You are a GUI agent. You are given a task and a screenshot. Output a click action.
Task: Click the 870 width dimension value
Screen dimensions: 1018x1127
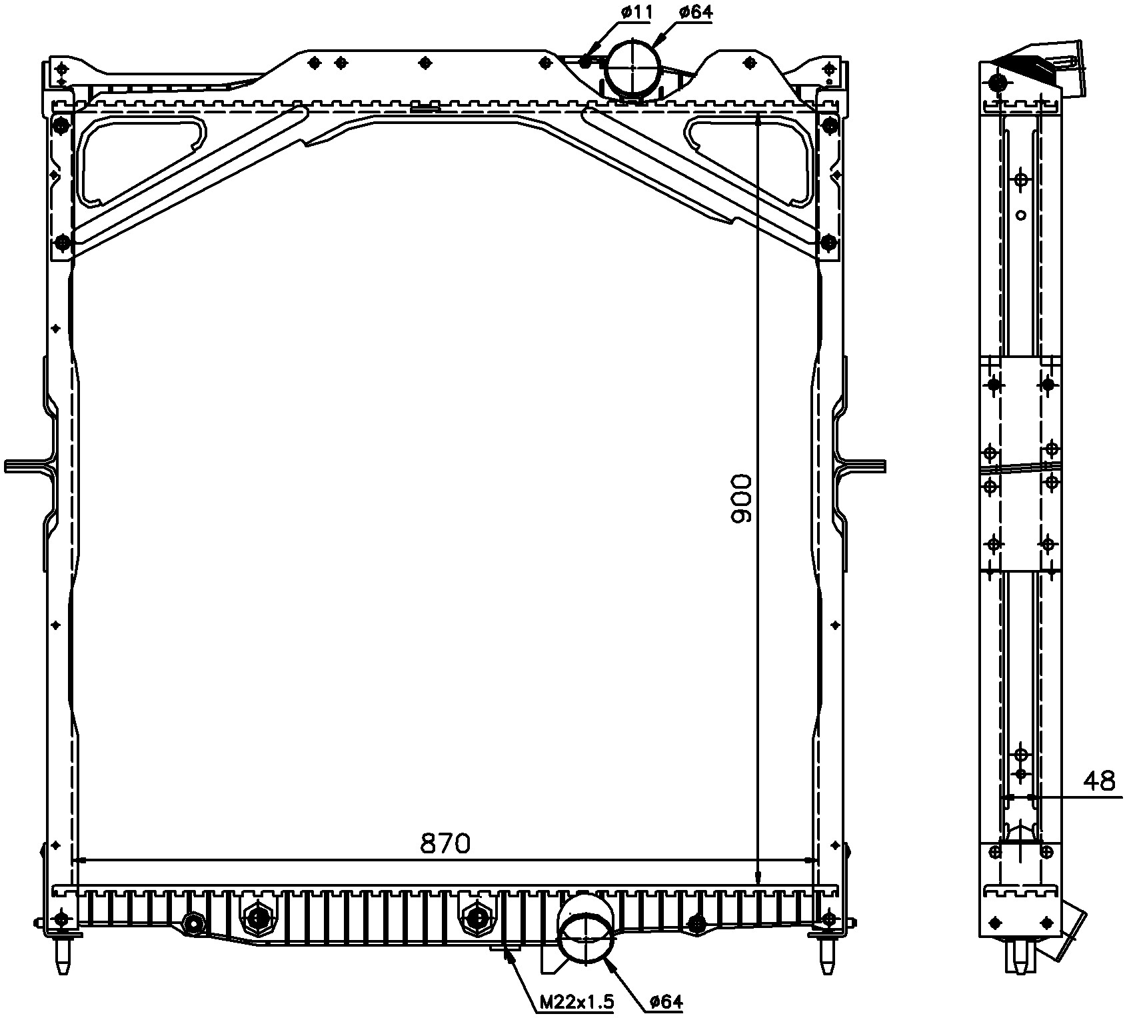[445, 843]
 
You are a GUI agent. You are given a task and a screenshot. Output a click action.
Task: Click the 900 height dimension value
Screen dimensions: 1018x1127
[740, 498]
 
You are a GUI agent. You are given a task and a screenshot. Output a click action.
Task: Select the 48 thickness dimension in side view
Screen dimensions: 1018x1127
[1099, 781]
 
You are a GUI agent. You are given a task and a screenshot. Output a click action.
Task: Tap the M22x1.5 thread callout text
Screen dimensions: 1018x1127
[576, 1001]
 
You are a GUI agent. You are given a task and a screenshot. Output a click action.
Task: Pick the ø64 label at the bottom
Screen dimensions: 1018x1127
[666, 1001]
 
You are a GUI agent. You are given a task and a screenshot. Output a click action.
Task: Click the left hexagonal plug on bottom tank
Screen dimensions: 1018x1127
[257, 918]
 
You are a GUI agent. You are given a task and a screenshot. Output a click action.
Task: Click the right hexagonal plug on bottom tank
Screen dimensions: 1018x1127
[475, 918]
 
